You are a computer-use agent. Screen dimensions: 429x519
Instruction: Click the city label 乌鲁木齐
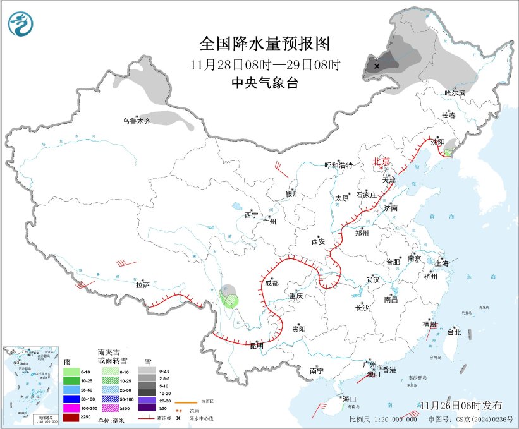137,121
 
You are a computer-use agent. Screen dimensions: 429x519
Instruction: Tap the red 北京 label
382,161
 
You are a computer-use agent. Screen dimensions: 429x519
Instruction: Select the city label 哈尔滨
455,93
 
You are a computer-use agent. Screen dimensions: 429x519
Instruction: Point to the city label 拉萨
143,285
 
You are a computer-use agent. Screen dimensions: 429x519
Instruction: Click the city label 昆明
256,346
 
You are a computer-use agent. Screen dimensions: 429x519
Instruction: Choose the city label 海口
350,399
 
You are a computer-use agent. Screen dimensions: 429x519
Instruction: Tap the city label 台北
454,332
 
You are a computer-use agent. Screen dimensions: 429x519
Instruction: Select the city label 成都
272,284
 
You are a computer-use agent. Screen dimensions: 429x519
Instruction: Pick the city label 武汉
372,279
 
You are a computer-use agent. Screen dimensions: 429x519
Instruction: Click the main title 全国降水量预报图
265,44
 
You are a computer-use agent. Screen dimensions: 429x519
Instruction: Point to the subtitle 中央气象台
265,83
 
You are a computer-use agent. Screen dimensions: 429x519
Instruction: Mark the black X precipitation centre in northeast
377,66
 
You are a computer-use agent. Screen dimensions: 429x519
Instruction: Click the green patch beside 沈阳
448,153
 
